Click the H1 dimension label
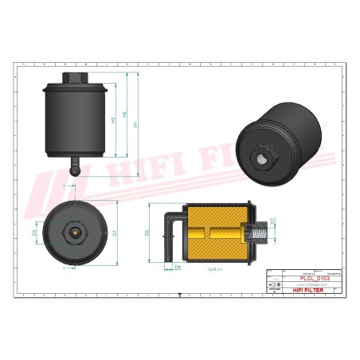(136, 124)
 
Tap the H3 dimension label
(114, 120)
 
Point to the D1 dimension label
(115, 233)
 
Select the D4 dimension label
(178, 267)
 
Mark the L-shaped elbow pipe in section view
(170, 231)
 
